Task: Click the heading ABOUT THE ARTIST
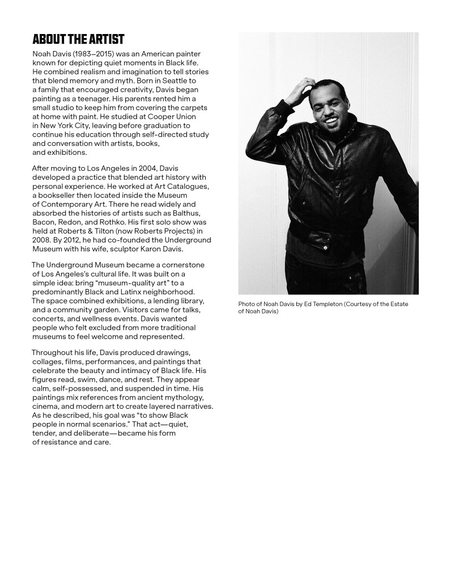click(78, 39)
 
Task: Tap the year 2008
click(41, 240)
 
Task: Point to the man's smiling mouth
click(331, 120)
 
